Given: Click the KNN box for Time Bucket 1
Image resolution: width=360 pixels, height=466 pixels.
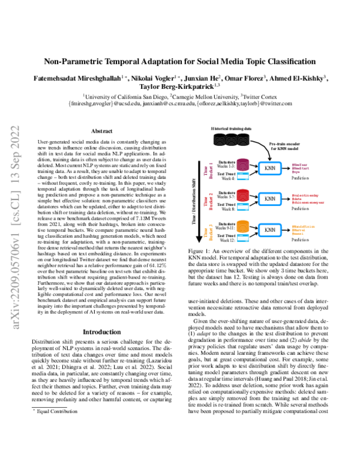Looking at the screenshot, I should [x=270, y=169].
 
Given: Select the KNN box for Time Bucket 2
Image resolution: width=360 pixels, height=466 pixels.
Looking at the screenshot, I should [x=270, y=198].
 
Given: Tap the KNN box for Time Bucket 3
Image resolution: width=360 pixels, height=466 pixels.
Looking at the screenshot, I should [x=270, y=229].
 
